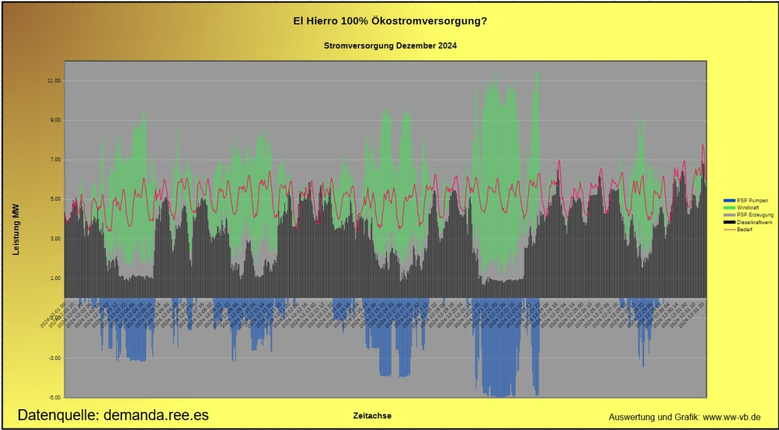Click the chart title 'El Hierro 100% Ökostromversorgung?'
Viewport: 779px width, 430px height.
pos(390,21)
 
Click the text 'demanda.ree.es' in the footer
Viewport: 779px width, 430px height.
pos(156,415)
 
